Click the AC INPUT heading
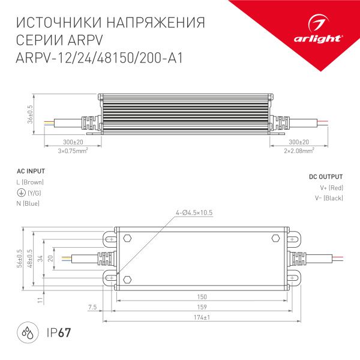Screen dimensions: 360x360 point(29,171)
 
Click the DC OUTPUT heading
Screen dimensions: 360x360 point(326,177)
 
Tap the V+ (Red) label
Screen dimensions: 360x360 point(331,188)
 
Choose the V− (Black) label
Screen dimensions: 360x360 point(329,199)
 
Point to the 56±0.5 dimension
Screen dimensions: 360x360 point(20,257)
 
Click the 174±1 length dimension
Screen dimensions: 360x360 point(202,317)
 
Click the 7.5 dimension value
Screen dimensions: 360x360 point(92,307)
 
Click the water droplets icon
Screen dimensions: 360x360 point(28,331)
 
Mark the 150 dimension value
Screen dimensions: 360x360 point(202,297)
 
